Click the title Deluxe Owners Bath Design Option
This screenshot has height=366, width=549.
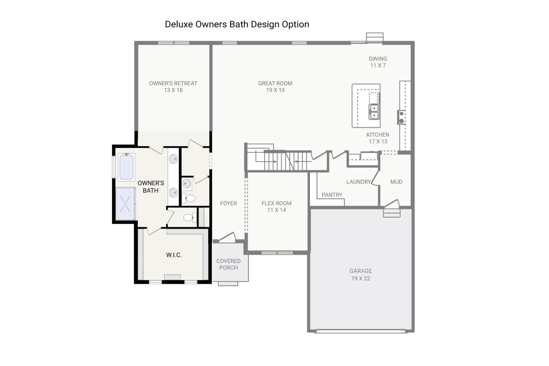tap(237, 24)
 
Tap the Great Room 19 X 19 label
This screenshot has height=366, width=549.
tap(275, 87)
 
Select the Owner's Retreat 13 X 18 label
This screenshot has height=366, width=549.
tap(173, 87)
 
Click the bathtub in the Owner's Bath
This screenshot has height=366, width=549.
tap(126, 167)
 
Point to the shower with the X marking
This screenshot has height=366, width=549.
tap(125, 204)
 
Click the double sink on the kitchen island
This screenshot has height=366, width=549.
tap(374, 112)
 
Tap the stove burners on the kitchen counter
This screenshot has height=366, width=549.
tap(401, 117)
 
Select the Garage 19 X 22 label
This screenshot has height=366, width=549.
tap(361, 274)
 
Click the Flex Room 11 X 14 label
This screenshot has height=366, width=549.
tap(277, 206)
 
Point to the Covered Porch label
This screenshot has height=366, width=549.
tap(228, 264)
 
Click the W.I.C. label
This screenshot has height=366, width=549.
tap(174, 255)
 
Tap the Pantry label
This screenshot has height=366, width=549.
tap(332, 195)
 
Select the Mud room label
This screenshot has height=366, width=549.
tap(396, 182)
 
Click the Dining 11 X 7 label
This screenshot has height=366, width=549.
tap(378, 62)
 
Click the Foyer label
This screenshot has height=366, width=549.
tap(228, 203)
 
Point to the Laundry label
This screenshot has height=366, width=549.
tap(358, 182)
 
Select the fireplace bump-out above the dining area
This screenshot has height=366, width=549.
tap(375, 37)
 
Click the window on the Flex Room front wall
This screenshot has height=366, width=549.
tap(277, 253)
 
